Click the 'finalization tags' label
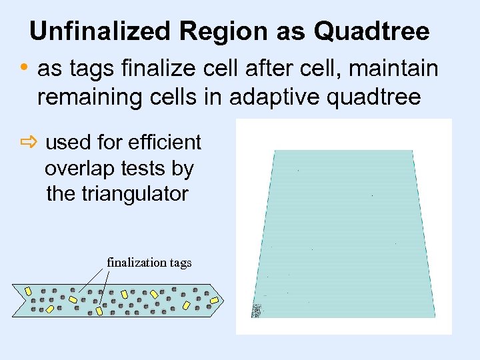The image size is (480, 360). [x=149, y=263]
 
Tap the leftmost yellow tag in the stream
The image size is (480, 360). [x=29, y=292]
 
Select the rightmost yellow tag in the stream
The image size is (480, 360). [x=215, y=301]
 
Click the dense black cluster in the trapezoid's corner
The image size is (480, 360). [x=257, y=311]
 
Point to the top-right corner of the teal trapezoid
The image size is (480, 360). [x=413, y=151]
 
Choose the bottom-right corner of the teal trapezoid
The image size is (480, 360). [x=435, y=316]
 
